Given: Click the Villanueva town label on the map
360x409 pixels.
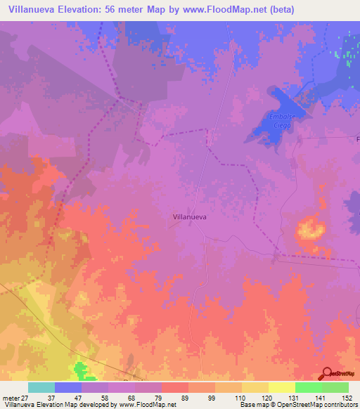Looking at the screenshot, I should tap(189, 218).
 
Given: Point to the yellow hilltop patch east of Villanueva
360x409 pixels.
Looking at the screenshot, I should tap(309, 229).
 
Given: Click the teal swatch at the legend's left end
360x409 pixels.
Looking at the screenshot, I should tap(41, 387).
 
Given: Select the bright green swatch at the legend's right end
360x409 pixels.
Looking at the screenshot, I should tap(335, 387).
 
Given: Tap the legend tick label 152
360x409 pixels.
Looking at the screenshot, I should tap(347, 397).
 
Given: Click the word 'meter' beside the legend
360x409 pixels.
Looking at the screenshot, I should tap(11, 397).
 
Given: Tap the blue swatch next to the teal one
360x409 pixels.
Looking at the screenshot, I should tap(68, 387).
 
